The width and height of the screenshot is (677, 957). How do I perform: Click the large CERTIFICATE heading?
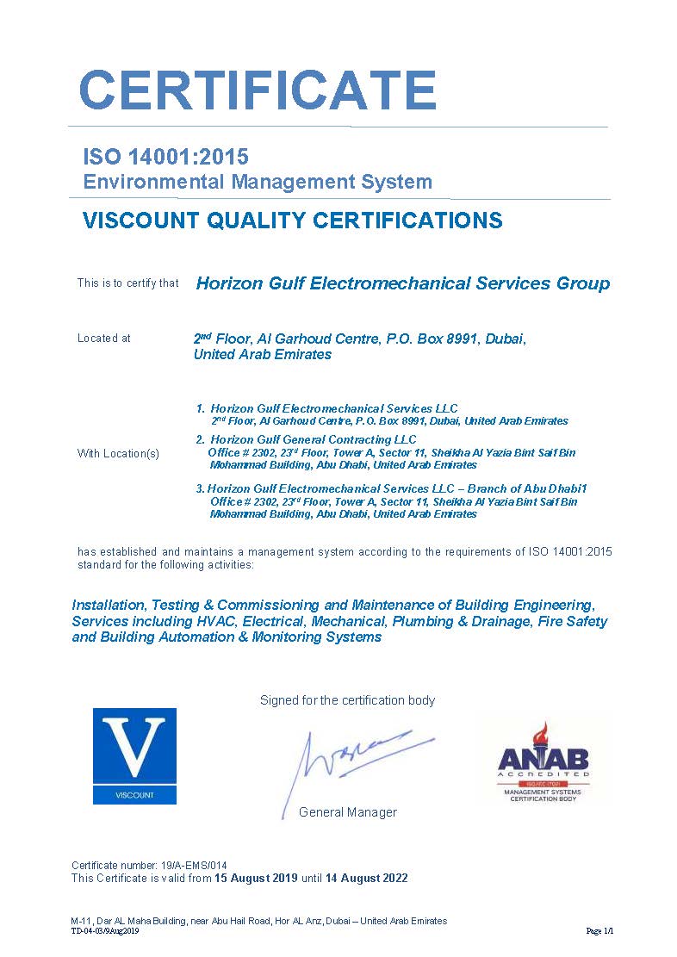tap(258, 89)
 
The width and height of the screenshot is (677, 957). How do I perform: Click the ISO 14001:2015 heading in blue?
tap(165, 157)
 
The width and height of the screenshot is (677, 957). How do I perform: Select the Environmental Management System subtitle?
tap(258, 182)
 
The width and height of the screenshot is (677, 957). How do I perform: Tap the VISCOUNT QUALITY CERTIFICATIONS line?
tap(292, 221)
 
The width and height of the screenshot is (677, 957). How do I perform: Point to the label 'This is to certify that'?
tap(127, 283)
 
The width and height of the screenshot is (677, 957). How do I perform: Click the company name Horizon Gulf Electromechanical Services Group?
tap(402, 283)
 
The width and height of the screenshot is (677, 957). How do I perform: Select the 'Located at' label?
tap(104, 339)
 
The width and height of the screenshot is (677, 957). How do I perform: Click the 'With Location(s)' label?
tap(118, 454)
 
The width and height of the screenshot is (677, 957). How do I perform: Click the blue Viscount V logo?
tap(134, 755)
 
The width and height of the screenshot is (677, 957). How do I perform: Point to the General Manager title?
tap(348, 812)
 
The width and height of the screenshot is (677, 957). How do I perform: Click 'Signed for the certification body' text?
tap(347, 700)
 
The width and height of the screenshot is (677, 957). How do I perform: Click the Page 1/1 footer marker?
tap(599, 931)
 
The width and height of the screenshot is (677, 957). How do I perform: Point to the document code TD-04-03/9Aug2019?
tap(105, 931)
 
